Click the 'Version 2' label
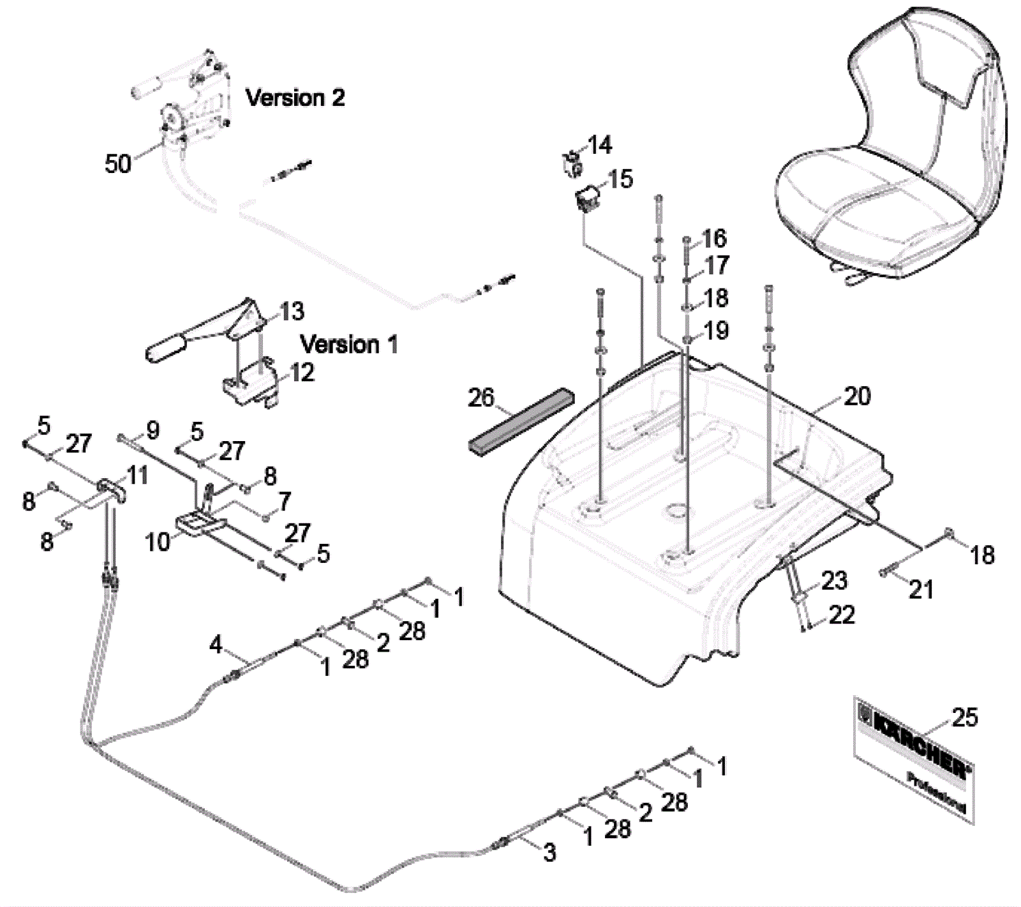295,98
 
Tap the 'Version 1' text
348,345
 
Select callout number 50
117,164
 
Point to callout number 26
481,398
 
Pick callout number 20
857,396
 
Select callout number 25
964,717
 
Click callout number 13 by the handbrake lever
292,311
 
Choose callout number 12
302,372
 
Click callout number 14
599,146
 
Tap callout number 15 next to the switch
620,179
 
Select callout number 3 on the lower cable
549,852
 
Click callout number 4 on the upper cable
216,645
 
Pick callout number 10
158,542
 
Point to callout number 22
842,615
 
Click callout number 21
920,589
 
